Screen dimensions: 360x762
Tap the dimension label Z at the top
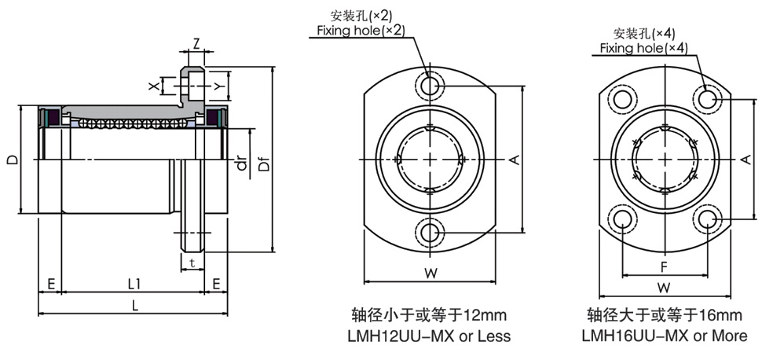[196, 42]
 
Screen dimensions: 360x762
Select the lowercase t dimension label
[192, 264]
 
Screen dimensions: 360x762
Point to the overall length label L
[135, 307]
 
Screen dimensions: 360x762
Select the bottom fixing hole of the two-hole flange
[430, 231]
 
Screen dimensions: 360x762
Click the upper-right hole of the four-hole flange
[708, 98]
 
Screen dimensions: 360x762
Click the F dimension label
[664, 266]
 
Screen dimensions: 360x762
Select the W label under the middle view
[430, 273]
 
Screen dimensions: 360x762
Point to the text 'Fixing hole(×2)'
[361, 31]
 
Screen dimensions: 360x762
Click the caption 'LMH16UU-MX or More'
[665, 336]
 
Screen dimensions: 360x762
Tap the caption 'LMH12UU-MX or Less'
[429, 336]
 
